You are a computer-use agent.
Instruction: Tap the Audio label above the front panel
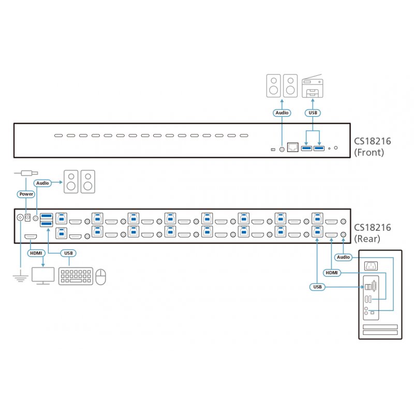coord(282,112)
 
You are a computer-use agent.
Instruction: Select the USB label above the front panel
coord(313,112)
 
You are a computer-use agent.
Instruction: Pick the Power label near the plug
coord(26,194)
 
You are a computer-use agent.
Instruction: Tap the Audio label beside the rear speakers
coord(43,183)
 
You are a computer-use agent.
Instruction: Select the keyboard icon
coord(76,276)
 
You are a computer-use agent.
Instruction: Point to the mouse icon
coord(101,276)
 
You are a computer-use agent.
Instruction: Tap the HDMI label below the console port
coord(36,253)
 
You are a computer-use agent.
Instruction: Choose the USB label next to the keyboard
coord(69,253)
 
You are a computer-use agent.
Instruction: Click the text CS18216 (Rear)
coord(372,232)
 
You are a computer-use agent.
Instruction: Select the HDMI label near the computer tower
coord(331,272)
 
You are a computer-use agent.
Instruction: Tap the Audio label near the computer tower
coord(343,257)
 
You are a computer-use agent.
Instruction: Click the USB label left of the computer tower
coord(318,286)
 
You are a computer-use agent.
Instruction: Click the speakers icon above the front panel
coord(282,86)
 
